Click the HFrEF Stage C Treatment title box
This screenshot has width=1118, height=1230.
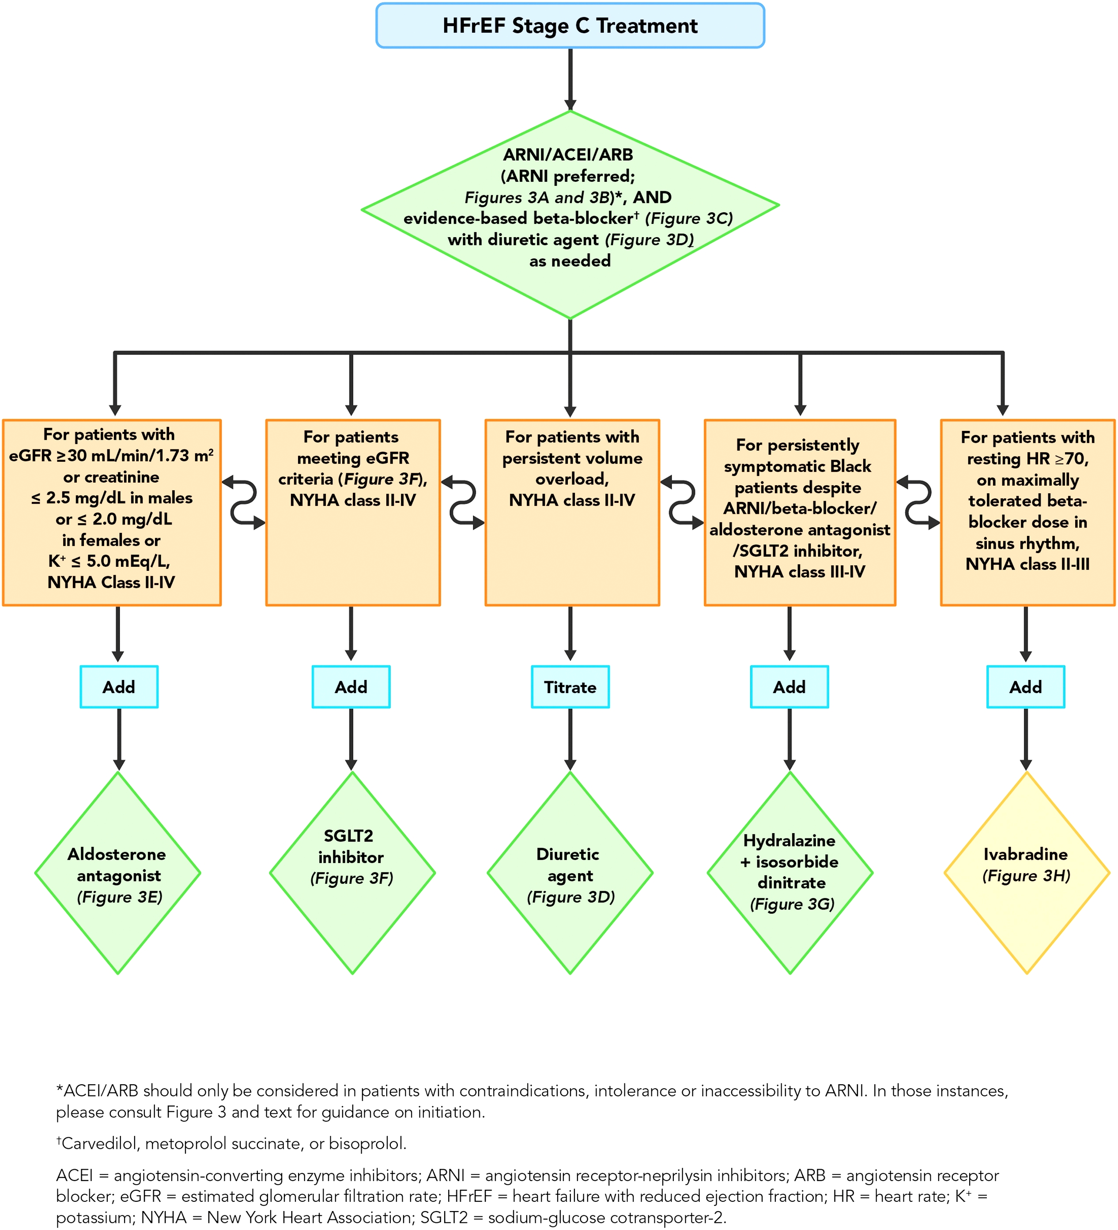(570, 26)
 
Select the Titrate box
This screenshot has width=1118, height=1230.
(570, 687)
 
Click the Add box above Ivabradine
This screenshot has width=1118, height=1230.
(1026, 687)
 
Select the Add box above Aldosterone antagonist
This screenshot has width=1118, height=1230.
(119, 687)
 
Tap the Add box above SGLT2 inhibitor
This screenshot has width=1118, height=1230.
(351, 687)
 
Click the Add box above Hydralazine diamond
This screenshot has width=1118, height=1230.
(789, 687)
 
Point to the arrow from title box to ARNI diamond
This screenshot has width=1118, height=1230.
(570, 79)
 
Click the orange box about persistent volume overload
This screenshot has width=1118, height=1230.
(572, 513)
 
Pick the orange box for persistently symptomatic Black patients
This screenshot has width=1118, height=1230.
(800, 513)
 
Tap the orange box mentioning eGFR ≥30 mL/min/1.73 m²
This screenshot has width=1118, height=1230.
(112, 513)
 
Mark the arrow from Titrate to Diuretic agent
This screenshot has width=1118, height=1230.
(570, 740)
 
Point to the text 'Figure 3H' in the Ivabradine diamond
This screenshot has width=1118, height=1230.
(1027, 876)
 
